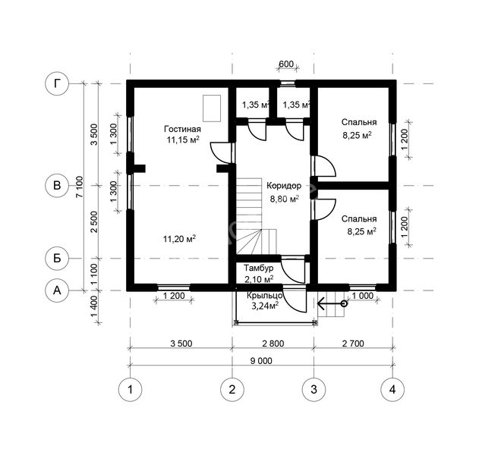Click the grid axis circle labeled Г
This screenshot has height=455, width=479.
click(x=57, y=83)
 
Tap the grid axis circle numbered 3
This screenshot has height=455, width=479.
click(x=314, y=389)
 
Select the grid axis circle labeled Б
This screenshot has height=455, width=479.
click(x=57, y=259)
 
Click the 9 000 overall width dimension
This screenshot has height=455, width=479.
click(x=261, y=361)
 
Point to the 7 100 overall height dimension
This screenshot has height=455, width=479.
click(x=79, y=187)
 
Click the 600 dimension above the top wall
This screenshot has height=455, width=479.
click(x=286, y=64)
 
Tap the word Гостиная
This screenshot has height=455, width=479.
click(x=182, y=129)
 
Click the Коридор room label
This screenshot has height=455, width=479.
click(x=284, y=186)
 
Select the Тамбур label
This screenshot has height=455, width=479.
click(x=258, y=268)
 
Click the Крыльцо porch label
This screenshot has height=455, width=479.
click(x=264, y=296)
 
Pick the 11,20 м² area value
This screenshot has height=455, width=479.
click(x=179, y=238)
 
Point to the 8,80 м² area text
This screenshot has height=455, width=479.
click(x=284, y=199)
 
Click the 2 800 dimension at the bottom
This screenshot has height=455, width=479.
click(x=273, y=344)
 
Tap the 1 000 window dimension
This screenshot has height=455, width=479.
click(x=363, y=296)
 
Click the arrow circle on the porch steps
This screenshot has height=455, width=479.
click(x=344, y=303)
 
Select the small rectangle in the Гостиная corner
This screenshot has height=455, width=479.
click(x=212, y=108)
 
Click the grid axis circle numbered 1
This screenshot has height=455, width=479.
click(x=130, y=389)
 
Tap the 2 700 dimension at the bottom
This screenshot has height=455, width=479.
click(x=353, y=344)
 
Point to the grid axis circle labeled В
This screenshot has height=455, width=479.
click(x=57, y=186)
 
